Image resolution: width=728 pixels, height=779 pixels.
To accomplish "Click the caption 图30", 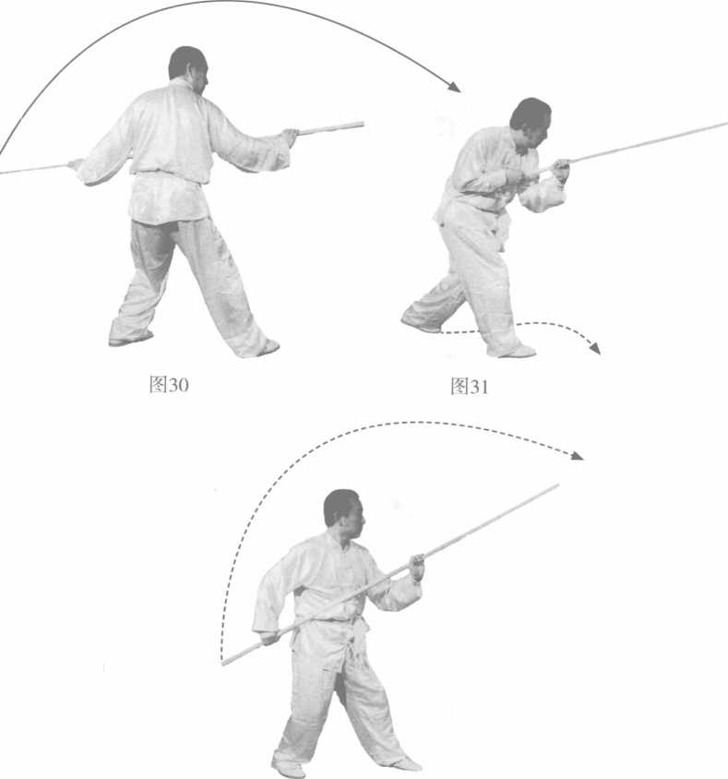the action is [169, 384].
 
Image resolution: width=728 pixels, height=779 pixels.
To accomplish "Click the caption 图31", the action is [470, 386].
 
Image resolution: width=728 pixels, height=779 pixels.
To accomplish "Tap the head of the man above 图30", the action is [188, 68].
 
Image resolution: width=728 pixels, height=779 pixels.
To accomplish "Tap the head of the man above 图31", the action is [531, 122].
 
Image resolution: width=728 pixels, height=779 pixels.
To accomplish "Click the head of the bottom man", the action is [343, 514].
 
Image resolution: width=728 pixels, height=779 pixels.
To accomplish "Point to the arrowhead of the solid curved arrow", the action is [453, 86].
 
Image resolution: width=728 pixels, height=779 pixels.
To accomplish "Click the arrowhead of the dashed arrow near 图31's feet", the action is [594, 348].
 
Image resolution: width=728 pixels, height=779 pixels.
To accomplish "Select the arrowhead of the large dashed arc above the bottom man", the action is [577, 456].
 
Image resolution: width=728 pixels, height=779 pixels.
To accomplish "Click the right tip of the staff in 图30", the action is [363, 125].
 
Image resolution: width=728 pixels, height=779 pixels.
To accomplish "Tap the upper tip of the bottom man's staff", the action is [557, 486].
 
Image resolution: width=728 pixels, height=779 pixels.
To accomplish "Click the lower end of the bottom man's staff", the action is [224, 662].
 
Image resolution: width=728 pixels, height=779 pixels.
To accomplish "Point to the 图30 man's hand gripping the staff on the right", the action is [289, 136].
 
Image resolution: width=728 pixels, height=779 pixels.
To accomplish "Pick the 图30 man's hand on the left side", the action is [76, 164].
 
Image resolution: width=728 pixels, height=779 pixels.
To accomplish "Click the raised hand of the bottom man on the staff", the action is [417, 567].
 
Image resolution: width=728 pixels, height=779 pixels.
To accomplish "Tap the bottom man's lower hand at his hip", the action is [270, 638].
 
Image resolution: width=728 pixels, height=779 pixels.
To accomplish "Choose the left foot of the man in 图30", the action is [130, 339].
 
